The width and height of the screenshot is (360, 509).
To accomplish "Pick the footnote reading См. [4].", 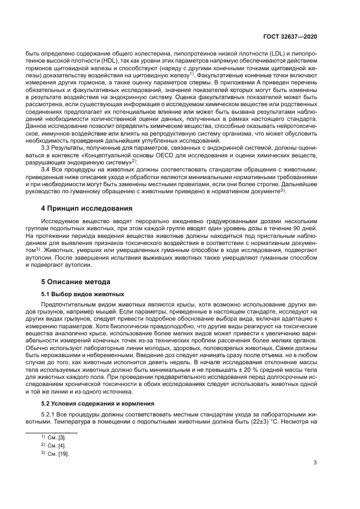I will click(54, 445).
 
